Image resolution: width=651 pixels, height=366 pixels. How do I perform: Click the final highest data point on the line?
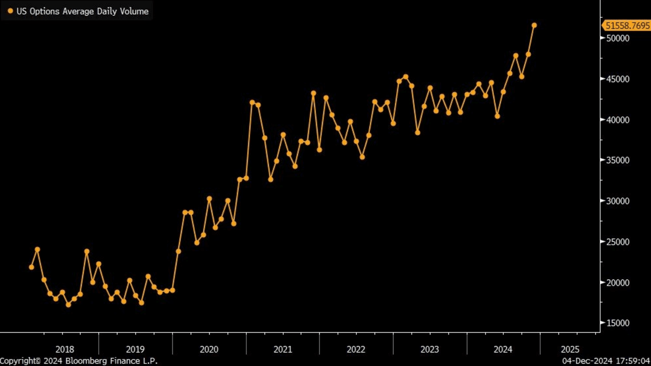pyautogui.click(x=534, y=25)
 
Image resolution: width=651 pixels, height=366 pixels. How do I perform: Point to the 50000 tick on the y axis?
pyautogui.click(x=618, y=39)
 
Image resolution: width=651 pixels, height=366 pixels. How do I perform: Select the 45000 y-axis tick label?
pyautogui.click(x=618, y=79)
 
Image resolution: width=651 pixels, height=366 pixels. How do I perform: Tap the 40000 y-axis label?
pyautogui.click(x=618, y=120)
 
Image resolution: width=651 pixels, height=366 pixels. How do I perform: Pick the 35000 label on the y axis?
pyautogui.click(x=618, y=160)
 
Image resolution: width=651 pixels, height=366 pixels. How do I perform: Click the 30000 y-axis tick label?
pyautogui.click(x=618, y=201)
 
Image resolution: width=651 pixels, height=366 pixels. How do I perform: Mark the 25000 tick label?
pyautogui.click(x=618, y=242)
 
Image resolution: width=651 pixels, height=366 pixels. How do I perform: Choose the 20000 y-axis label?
pyautogui.click(x=618, y=283)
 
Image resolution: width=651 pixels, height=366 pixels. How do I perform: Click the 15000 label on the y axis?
pyautogui.click(x=618, y=323)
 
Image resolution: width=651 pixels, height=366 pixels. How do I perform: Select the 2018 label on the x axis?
pyautogui.click(x=65, y=349)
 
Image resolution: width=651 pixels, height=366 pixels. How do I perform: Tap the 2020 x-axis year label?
pyautogui.click(x=209, y=349)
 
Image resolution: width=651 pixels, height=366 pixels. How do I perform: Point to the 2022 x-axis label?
pyautogui.click(x=356, y=349)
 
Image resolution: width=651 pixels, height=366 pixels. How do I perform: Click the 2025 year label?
pyautogui.click(x=570, y=349)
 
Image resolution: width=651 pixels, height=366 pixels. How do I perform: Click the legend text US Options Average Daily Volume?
pyautogui.click(x=82, y=11)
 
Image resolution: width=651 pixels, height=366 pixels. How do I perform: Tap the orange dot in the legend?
pyautogui.click(x=10, y=11)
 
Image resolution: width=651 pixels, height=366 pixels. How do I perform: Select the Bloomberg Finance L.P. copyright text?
pyautogui.click(x=79, y=361)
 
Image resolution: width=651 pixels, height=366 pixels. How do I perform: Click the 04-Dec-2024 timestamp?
pyautogui.click(x=606, y=361)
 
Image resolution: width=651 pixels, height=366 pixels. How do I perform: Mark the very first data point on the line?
pyautogui.click(x=31, y=267)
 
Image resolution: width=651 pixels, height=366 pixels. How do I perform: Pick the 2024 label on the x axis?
pyautogui.click(x=503, y=349)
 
